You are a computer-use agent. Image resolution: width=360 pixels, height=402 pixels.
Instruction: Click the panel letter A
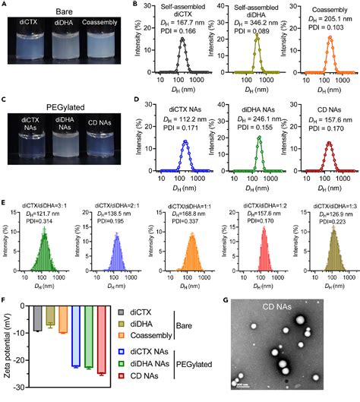5,5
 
